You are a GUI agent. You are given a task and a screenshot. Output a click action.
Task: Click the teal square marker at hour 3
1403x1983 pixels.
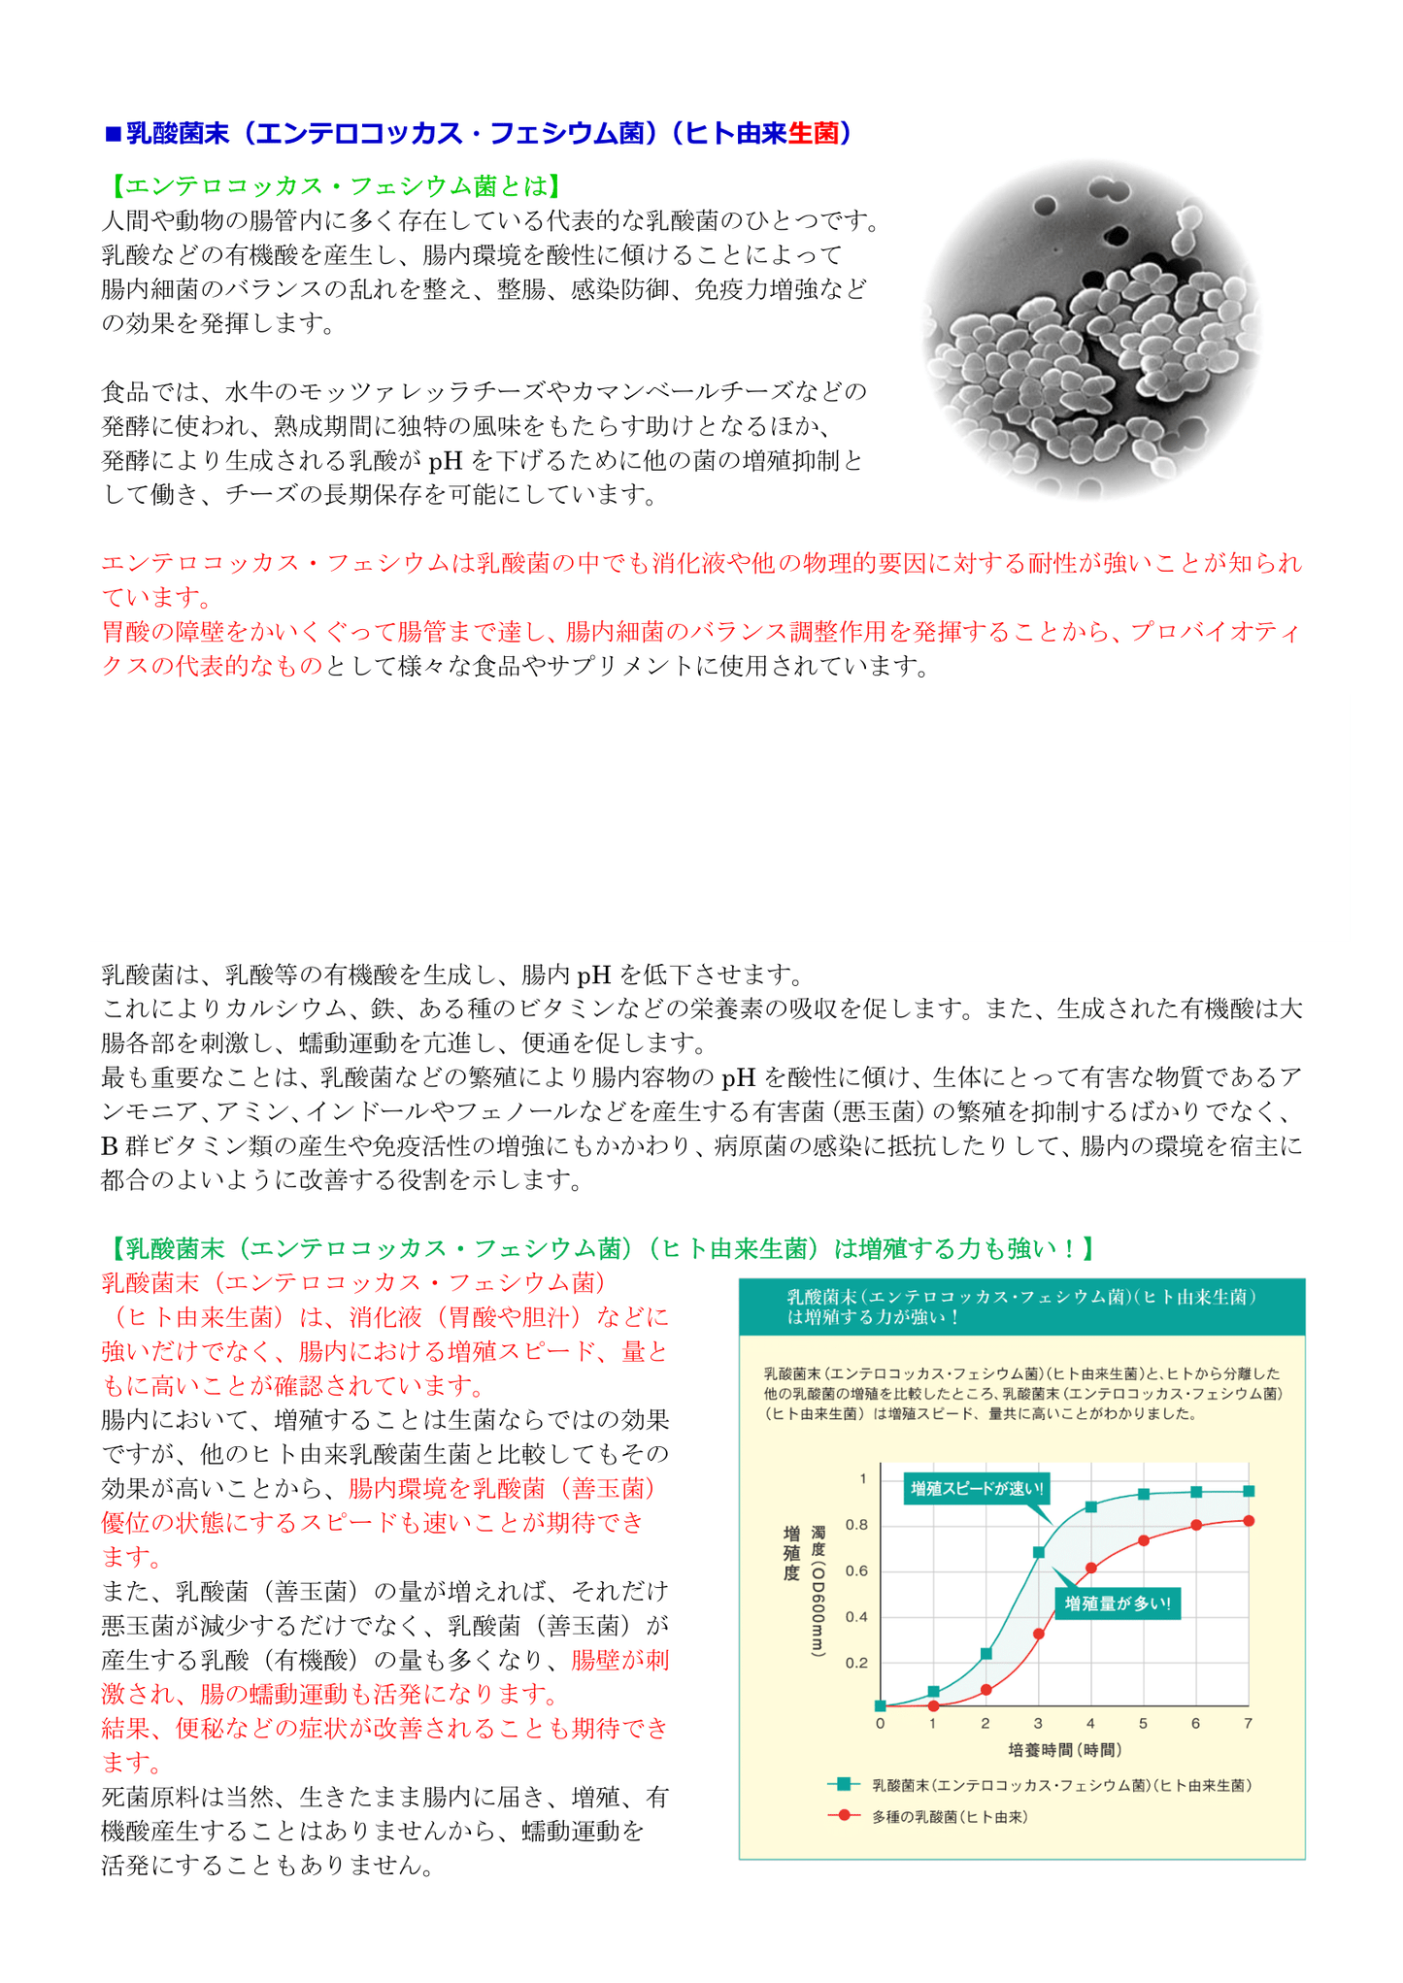point(1038,1552)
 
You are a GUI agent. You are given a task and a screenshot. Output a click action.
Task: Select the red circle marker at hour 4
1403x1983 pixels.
point(1090,1568)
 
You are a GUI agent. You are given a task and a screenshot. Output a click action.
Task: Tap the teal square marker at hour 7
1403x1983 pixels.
point(1249,1491)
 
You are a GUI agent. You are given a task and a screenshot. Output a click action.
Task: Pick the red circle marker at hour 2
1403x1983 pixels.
point(985,1690)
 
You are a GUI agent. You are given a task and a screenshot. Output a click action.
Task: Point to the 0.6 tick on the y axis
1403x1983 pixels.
point(856,1570)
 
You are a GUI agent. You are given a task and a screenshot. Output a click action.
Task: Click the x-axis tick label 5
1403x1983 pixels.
point(1143,1723)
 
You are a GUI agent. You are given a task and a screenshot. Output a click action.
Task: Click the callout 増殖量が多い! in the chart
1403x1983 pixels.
point(1118,1603)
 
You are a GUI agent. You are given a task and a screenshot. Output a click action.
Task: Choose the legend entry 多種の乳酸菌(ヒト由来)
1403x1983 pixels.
point(949,1816)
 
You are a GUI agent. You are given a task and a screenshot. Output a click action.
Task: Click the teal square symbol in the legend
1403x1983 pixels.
point(843,1784)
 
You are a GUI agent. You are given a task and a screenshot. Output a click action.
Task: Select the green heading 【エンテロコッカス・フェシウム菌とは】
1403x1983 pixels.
point(332,185)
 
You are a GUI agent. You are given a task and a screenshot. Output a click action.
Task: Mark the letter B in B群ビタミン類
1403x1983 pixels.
point(110,1146)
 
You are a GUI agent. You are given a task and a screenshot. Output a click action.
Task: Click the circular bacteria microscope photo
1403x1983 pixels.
point(1090,330)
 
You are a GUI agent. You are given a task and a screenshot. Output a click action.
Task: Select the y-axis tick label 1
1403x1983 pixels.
point(862,1479)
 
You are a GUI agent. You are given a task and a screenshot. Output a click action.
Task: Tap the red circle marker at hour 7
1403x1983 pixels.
point(1249,1520)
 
